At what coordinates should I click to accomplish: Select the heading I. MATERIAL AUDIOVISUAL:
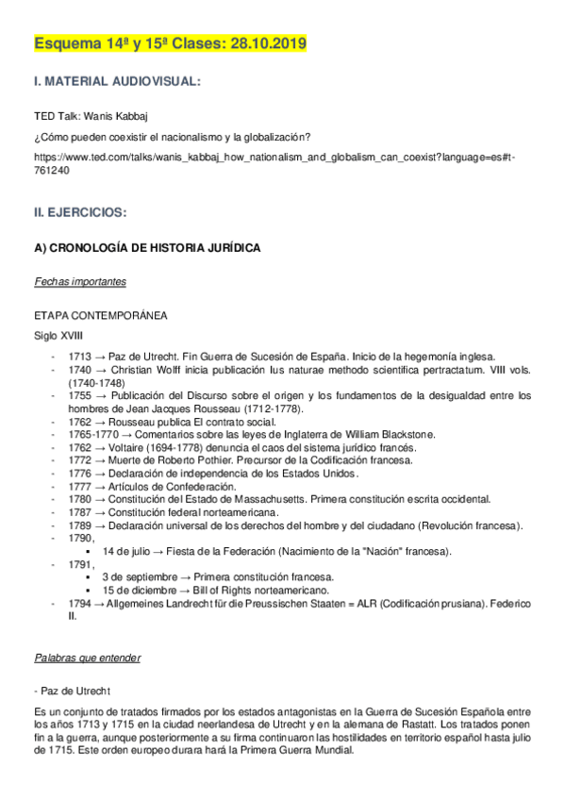[x=117, y=83]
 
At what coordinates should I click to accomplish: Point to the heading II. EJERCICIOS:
[x=80, y=213]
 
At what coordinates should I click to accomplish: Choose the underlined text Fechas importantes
[x=80, y=282]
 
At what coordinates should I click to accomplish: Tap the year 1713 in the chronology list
[x=80, y=357]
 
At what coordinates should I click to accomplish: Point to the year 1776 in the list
[x=80, y=473]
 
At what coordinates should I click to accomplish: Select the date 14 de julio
[x=126, y=550]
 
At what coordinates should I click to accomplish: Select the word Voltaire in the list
[x=131, y=447]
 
